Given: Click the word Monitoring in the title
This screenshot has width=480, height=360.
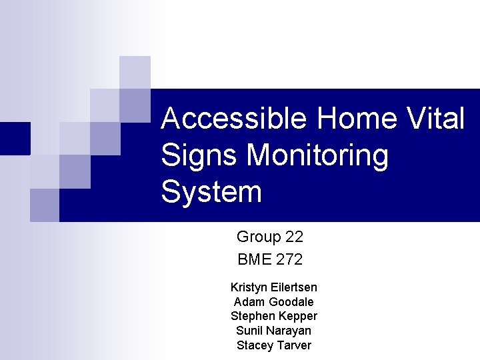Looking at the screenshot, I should (x=317, y=156).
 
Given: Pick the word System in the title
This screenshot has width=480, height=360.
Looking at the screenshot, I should (x=211, y=193).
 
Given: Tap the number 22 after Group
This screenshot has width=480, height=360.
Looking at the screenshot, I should (x=294, y=237).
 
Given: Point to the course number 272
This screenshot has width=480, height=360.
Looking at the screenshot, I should (x=289, y=259).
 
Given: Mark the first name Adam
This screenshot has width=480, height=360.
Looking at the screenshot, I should (x=247, y=302).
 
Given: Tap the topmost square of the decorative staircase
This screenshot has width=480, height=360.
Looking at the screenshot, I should (x=135, y=72).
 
